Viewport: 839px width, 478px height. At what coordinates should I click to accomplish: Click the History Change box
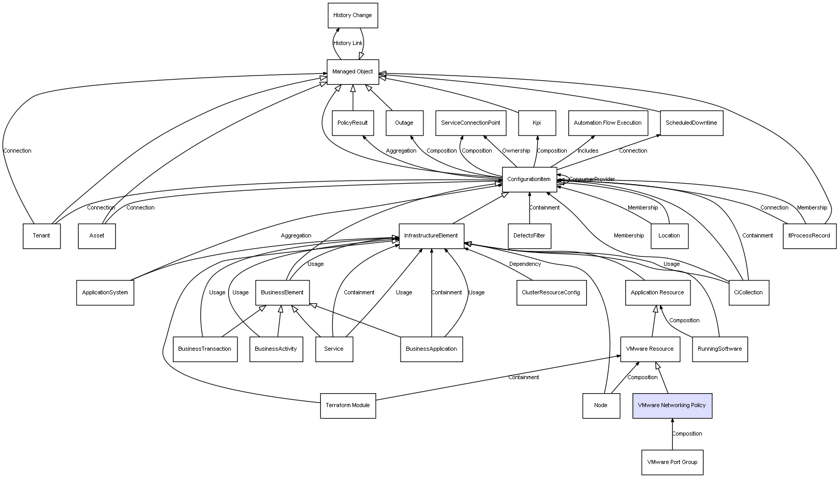(352, 16)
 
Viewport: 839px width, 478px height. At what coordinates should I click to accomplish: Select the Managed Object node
(352, 72)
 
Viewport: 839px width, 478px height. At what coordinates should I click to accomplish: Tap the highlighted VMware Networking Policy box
(672, 406)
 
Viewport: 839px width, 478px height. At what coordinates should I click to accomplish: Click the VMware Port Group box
(672, 462)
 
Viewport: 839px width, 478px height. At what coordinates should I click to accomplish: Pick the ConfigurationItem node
(529, 180)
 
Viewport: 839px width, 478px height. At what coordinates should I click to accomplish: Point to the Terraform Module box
(348, 406)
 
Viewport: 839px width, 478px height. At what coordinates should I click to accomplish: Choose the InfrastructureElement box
(431, 236)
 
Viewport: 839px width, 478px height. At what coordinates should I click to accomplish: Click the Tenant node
(41, 236)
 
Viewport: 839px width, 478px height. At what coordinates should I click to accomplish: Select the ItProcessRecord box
(809, 236)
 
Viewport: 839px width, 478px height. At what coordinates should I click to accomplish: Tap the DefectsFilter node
(529, 236)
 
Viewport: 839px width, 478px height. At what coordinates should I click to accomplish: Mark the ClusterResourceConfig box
(551, 292)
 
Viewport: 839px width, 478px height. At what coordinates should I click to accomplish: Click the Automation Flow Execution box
(608, 123)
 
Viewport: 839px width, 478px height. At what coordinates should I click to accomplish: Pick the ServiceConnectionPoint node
(470, 123)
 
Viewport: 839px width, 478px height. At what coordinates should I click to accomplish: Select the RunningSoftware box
(719, 349)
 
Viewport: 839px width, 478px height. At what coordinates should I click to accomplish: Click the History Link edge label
(348, 43)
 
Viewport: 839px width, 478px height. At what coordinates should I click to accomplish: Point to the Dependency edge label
(525, 264)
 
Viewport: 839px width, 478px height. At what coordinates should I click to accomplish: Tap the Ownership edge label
(516, 151)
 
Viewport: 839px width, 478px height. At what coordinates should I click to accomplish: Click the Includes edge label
(588, 151)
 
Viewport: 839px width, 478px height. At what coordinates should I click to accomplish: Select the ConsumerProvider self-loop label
(592, 180)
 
